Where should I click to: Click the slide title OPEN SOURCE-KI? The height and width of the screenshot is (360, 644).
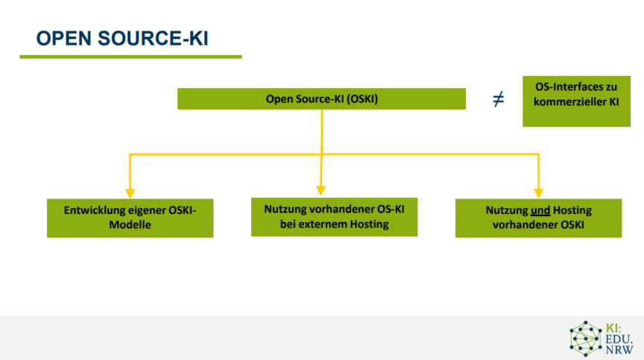coord(122,38)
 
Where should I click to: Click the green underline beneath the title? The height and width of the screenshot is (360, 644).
coord(130,57)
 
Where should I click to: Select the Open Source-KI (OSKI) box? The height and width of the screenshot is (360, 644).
coord(321,99)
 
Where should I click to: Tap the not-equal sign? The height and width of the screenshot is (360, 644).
coord(498,99)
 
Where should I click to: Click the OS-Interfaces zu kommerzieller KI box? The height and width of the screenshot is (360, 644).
coord(576,101)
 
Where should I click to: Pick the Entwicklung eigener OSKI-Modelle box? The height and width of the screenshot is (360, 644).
coord(130,218)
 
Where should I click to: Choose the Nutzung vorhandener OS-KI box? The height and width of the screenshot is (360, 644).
coord(335,217)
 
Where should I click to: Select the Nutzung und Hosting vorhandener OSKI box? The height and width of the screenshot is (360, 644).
coord(538,218)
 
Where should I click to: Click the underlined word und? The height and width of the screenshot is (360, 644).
coord(540,211)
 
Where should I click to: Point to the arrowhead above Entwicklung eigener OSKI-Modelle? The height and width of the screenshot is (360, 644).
coord(130,194)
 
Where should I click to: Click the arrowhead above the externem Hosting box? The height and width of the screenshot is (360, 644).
coord(321,191)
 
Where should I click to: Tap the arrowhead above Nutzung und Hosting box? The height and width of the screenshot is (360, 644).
coord(538,194)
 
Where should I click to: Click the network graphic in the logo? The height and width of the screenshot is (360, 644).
coord(585,338)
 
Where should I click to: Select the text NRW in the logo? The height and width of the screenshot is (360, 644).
coord(619,350)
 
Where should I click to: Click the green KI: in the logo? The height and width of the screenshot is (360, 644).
coord(613,329)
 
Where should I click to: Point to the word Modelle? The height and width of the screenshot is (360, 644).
coord(130,225)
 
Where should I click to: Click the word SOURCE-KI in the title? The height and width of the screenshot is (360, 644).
coord(154,38)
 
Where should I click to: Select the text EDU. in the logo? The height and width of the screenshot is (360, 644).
coord(619,339)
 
